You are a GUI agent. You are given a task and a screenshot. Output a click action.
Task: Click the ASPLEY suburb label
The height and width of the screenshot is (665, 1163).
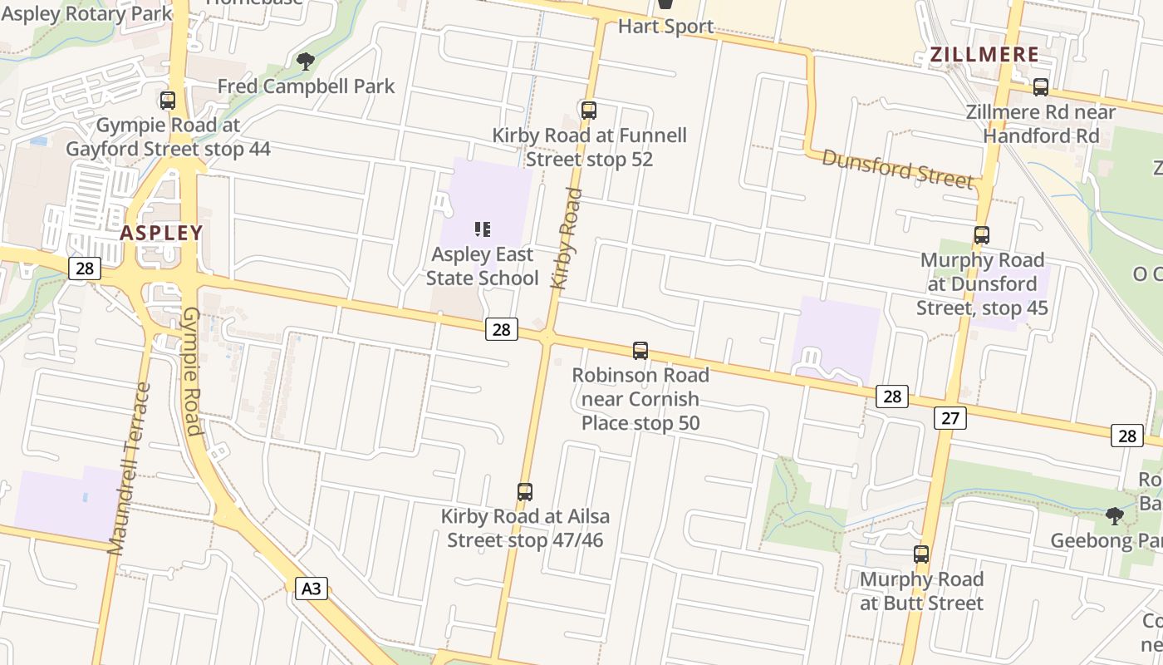[161, 233]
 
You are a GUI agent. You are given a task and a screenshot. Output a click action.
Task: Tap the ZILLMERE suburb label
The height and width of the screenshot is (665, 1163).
[984, 56]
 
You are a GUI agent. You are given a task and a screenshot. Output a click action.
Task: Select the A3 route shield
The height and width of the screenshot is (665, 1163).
[311, 589]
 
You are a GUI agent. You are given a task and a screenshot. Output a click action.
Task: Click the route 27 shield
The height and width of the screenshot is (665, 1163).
[950, 417]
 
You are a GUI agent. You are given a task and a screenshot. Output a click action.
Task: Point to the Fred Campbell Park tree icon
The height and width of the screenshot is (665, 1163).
[306, 61]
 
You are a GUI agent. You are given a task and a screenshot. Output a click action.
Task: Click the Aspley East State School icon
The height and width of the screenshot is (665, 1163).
[482, 229]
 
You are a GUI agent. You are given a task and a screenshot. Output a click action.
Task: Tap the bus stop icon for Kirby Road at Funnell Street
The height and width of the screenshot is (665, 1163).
[589, 110]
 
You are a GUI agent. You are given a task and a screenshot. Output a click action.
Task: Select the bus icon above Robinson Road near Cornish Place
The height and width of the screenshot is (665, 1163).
[640, 350]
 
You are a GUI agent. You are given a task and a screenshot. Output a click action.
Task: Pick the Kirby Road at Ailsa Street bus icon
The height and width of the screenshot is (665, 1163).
[524, 491]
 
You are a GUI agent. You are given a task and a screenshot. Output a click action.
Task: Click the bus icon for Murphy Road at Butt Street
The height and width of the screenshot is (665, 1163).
[920, 554]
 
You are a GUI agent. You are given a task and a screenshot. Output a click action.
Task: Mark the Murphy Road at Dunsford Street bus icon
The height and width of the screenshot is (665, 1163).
[982, 235]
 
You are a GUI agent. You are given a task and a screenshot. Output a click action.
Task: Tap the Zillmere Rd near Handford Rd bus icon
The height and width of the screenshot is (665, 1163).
[1040, 86]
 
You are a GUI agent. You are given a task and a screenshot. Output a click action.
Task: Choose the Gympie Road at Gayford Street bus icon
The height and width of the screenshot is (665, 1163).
[168, 101]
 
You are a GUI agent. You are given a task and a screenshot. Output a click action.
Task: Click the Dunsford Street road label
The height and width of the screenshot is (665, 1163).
[897, 169]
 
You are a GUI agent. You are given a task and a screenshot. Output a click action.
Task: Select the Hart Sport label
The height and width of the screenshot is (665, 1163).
[665, 27]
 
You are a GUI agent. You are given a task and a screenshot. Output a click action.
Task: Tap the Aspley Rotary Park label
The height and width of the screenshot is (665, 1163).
[86, 13]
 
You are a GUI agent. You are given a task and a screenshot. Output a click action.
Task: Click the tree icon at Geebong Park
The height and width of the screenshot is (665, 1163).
[1115, 516]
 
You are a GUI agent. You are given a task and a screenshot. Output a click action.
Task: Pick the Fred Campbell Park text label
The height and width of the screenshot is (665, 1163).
[306, 86]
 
